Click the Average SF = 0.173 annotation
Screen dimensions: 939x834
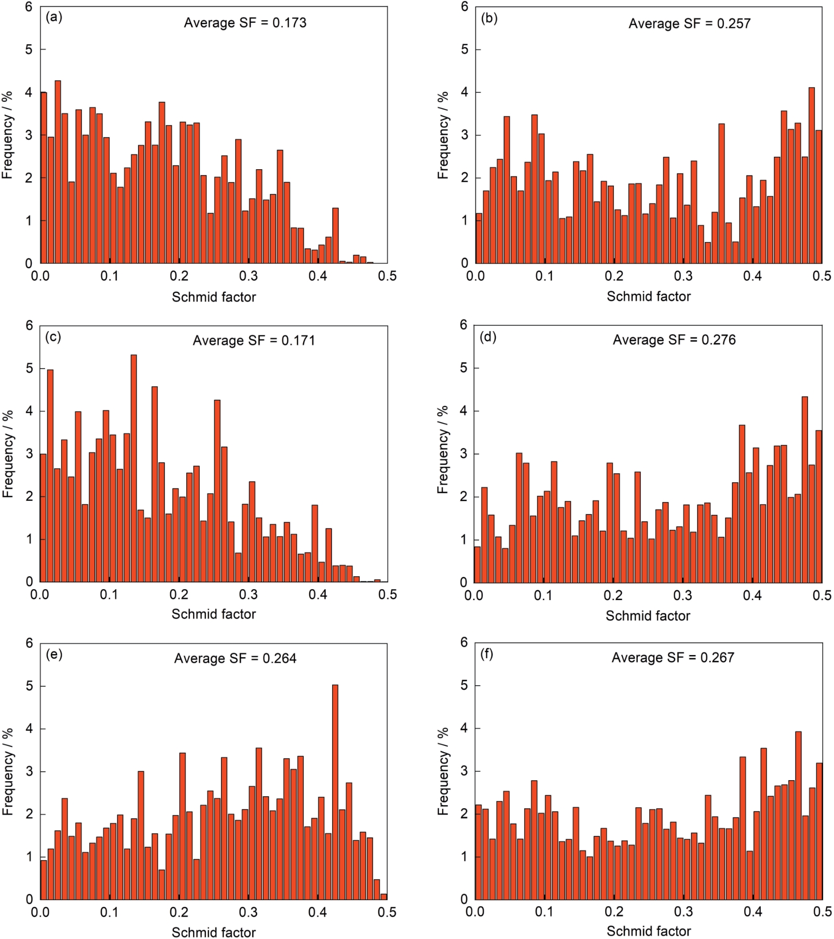[x=245, y=23]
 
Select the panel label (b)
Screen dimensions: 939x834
[x=489, y=18]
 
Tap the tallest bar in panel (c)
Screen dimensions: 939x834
[x=134, y=467]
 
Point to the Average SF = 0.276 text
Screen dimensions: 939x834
[x=674, y=340]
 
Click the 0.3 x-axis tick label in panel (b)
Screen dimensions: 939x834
[x=683, y=276]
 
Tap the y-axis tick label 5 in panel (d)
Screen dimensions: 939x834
[x=463, y=368]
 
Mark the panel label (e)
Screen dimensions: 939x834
[x=54, y=655]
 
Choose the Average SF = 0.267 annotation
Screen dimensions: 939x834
[x=673, y=658]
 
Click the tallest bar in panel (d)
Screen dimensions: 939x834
[x=805, y=489]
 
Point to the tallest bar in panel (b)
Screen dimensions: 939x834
[x=812, y=175]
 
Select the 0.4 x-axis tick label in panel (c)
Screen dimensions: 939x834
[x=318, y=595]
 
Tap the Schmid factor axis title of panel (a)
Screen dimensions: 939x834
[x=214, y=297]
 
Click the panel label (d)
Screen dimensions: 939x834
[x=488, y=337]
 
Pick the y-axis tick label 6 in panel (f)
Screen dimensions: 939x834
[x=464, y=643]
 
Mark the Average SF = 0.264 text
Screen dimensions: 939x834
[x=235, y=659]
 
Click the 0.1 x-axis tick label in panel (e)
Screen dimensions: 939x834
[x=109, y=913]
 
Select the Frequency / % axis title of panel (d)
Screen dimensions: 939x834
[x=443, y=450]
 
